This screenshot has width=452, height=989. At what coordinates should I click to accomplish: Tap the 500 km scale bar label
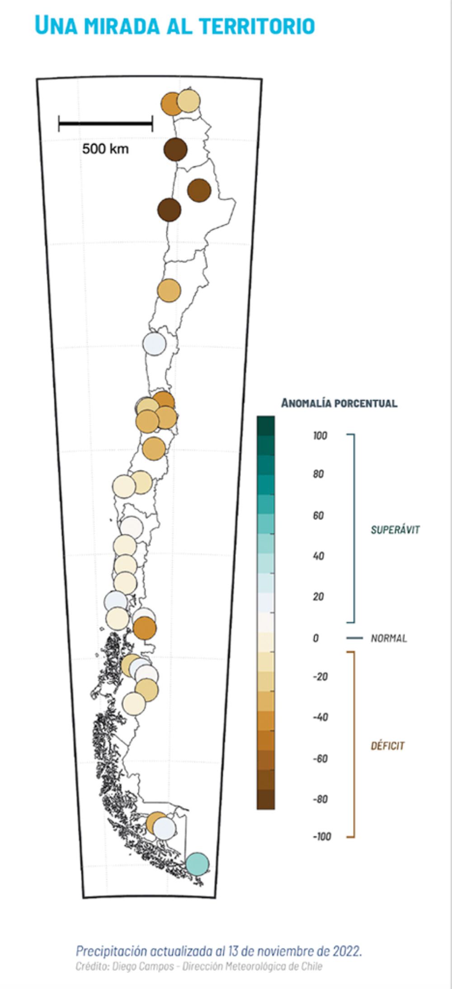tap(105, 149)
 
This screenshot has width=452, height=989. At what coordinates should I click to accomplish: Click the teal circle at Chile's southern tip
tap(198, 863)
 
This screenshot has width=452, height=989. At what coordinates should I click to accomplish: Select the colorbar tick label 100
tap(320, 436)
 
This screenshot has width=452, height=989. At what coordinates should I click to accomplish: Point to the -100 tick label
tap(322, 837)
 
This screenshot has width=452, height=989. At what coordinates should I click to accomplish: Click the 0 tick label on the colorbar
tap(315, 638)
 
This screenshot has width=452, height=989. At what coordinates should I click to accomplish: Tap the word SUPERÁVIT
tap(395, 530)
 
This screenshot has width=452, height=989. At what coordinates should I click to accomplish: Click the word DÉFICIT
tap(387, 746)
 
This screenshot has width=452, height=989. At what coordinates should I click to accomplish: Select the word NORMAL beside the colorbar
tap(389, 638)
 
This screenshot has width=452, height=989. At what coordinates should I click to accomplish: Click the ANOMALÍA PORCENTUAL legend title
tap(339, 403)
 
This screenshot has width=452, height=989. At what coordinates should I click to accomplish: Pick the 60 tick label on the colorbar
tap(318, 516)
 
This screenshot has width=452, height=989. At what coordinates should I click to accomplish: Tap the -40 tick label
tap(320, 717)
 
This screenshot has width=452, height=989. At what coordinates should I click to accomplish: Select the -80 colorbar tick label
tap(320, 799)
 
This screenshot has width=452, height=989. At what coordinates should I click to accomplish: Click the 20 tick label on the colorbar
tap(318, 597)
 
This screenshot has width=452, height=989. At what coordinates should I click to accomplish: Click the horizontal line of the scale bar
tap(105, 122)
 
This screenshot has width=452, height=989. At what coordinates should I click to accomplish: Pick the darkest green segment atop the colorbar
tap(266, 425)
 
